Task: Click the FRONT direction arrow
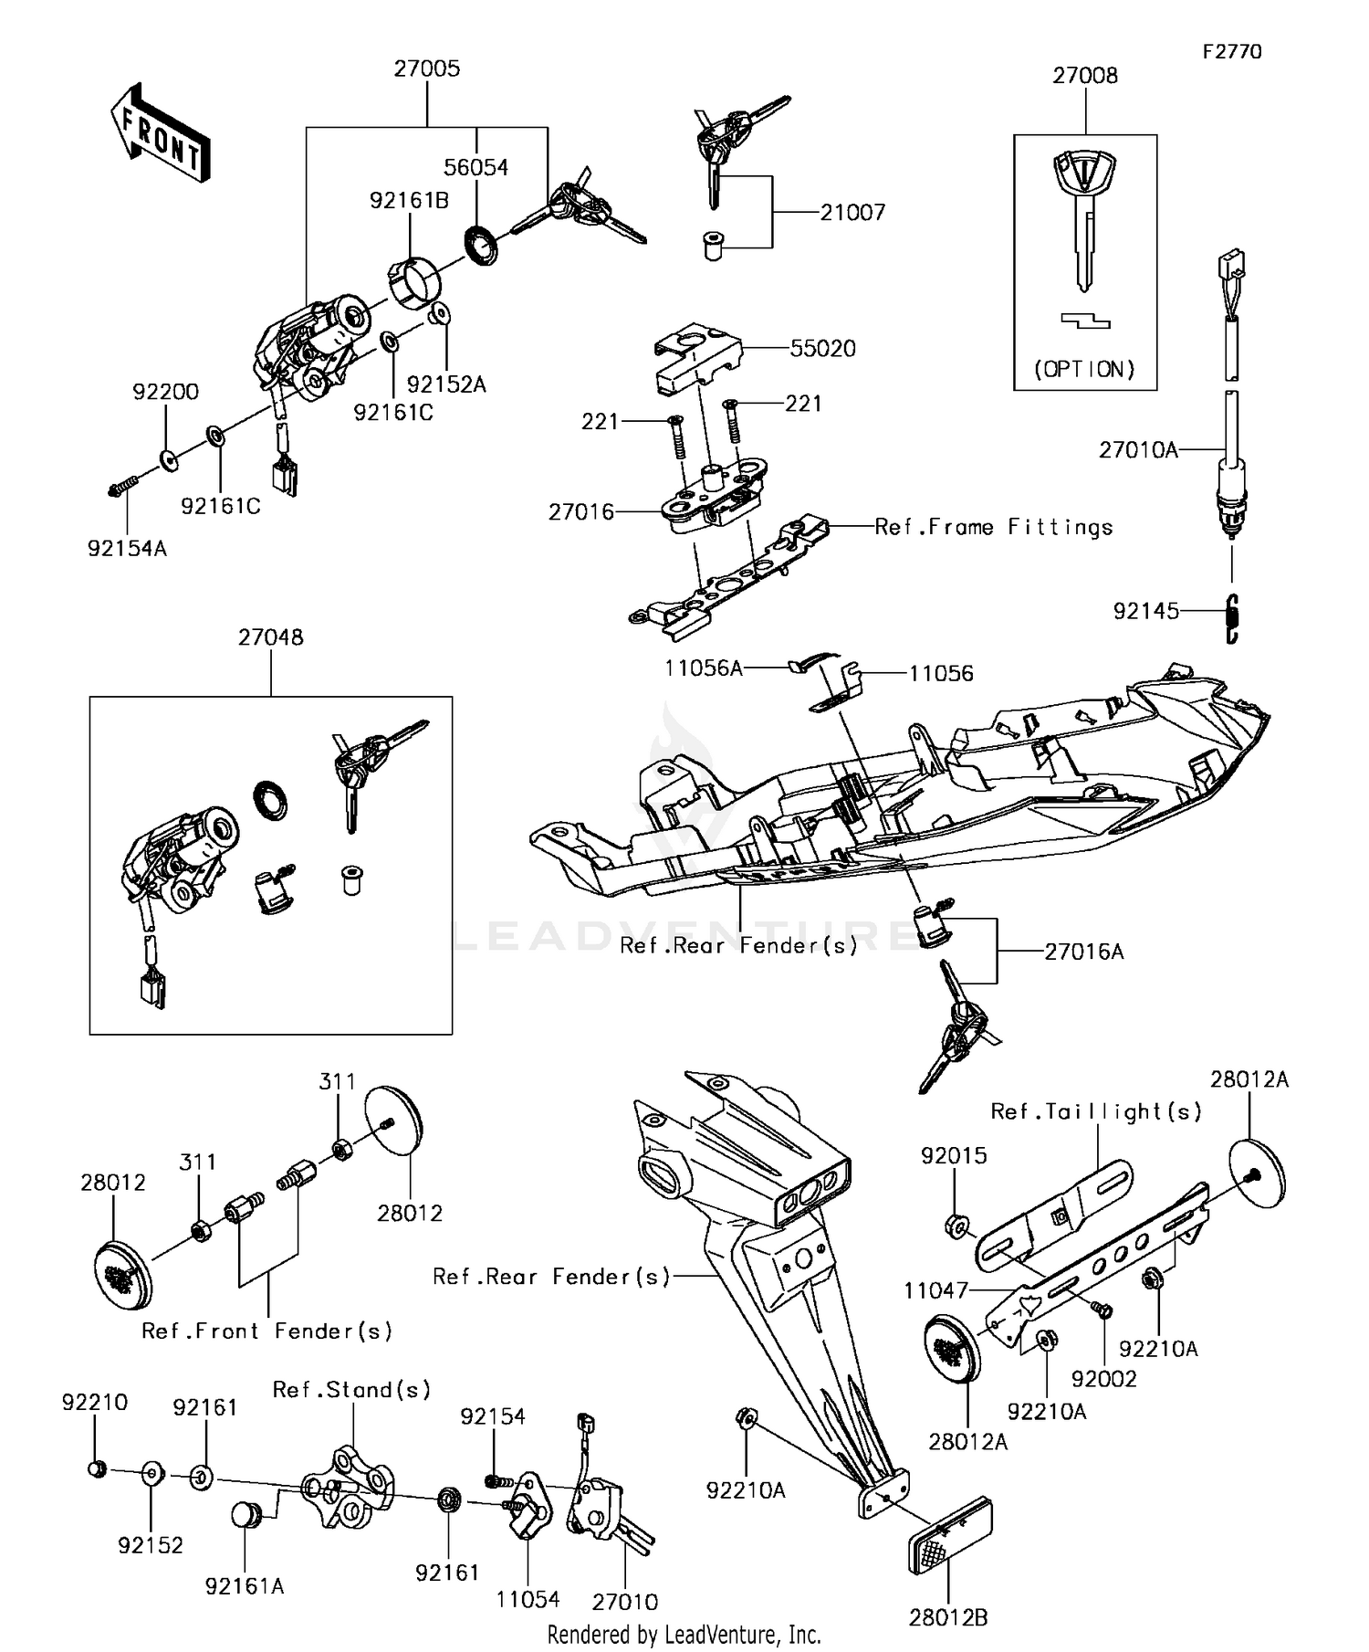[x=161, y=134]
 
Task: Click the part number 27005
[x=427, y=68]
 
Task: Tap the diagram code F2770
[x=1231, y=51]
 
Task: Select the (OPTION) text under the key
[x=1084, y=369]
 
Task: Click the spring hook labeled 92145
[x=1231, y=619]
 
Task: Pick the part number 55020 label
[x=823, y=349]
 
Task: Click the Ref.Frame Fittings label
[x=993, y=527]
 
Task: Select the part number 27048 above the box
[x=271, y=637]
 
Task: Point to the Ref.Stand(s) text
[x=351, y=1390]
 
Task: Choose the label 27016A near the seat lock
[x=1083, y=952]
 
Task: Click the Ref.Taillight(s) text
[x=1096, y=1111]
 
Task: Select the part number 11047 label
[x=935, y=1290]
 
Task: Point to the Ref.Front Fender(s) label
[x=266, y=1331]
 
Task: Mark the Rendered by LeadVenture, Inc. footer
[x=684, y=1634]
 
